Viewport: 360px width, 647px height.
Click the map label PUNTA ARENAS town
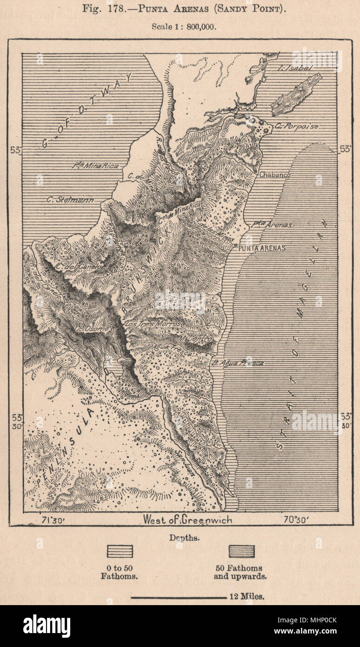click(x=261, y=248)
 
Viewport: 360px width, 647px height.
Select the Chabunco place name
click(x=275, y=175)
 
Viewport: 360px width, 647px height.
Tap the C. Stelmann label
click(x=70, y=200)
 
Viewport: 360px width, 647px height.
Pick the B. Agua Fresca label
click(x=237, y=363)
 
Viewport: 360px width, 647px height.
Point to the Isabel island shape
click(x=296, y=94)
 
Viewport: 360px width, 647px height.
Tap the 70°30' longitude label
click(x=293, y=519)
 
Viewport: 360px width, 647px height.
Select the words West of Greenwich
click(x=187, y=519)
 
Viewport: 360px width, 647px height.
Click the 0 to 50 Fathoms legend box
click(x=120, y=551)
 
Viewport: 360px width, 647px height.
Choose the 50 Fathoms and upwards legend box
click(x=241, y=551)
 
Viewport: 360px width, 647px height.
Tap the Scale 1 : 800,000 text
click(x=184, y=27)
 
